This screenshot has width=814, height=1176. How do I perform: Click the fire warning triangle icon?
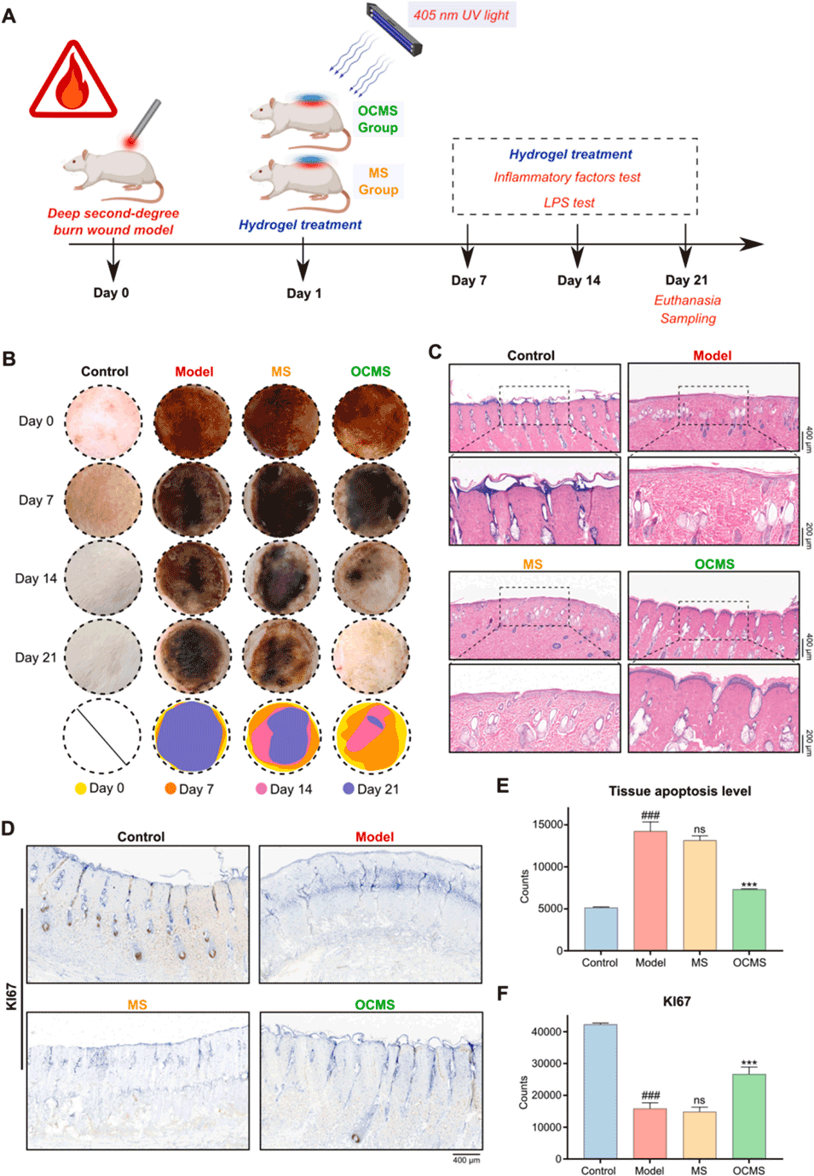coord(72,82)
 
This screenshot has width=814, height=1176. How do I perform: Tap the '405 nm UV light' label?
coord(461,14)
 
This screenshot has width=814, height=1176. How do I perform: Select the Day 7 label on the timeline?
coord(469,280)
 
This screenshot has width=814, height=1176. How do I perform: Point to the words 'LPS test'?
coord(569,203)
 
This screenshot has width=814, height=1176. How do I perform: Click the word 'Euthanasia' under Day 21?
coord(687,300)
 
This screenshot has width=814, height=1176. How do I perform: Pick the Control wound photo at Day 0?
coord(103,422)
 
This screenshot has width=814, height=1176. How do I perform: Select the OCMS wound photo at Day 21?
coord(371,657)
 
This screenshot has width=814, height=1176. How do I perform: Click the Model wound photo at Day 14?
coord(193,578)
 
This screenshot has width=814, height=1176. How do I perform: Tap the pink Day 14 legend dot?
coord(262,789)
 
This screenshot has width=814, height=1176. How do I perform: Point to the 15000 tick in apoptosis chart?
coord(548,824)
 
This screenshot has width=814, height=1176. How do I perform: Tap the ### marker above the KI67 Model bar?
coord(650,1095)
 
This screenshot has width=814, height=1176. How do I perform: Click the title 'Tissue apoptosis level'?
coord(679,791)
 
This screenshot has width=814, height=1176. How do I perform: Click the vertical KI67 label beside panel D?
coord(11,996)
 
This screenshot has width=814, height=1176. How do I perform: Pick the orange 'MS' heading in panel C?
coord(533,564)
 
